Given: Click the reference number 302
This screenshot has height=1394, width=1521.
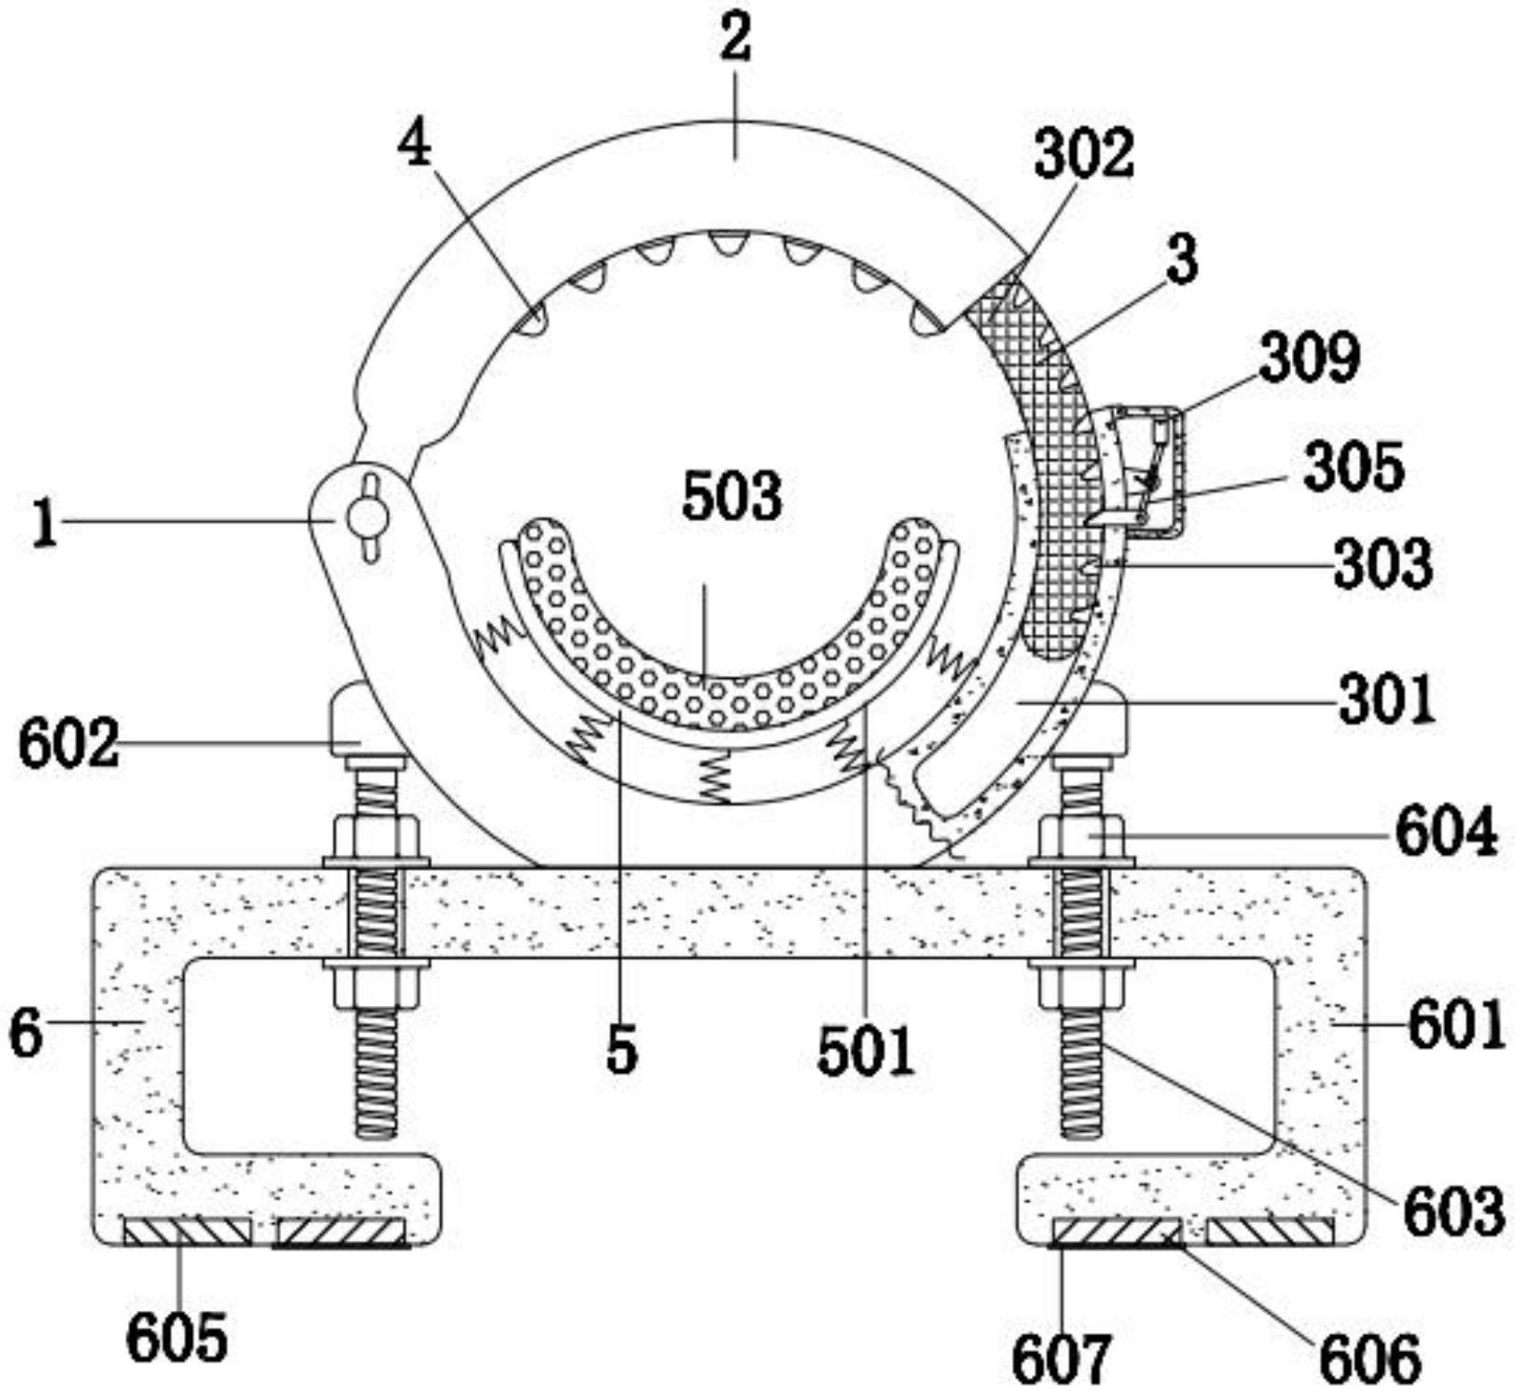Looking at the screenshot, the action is [1083, 155].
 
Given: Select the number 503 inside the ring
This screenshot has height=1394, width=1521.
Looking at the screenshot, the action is [732, 497].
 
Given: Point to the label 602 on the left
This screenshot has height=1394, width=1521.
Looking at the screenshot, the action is [69, 745].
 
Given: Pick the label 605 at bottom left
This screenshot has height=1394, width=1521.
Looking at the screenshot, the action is [177, 1339].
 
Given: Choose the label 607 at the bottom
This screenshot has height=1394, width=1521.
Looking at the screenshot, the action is [1062, 1358].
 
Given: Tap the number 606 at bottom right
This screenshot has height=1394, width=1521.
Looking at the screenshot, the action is [1370, 1358].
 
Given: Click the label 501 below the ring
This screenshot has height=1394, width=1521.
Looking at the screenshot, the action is [866, 1051].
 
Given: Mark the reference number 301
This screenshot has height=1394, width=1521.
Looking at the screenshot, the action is [1388, 700].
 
